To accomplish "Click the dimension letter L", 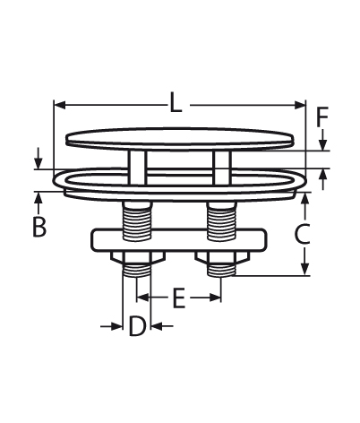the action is [x=176, y=102].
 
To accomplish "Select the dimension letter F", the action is [x=322, y=117].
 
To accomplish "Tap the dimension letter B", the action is [x=39, y=227].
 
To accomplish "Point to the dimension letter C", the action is [x=302, y=234].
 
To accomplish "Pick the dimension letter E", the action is [x=179, y=298].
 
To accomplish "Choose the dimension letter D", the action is [x=137, y=326].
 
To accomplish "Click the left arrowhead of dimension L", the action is [x=60, y=105].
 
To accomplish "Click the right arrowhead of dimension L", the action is [x=300, y=105].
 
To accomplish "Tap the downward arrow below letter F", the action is [x=322, y=140].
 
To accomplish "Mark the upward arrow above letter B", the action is [x=38, y=203].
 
